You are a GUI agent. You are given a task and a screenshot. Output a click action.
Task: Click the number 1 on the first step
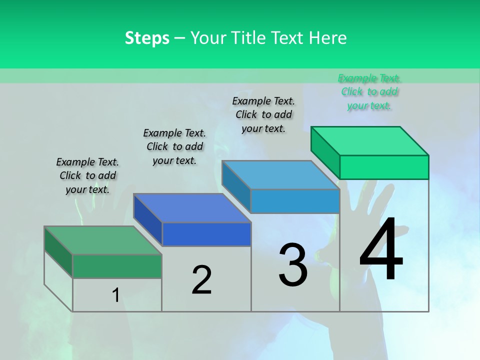115,295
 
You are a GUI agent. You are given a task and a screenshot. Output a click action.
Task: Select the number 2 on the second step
201,280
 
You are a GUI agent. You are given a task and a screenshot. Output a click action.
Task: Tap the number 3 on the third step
293,265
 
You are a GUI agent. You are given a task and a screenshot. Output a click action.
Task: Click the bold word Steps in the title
147,38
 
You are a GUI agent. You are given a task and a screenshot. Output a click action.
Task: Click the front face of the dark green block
117,266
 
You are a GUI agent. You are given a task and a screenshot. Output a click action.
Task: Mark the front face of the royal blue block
206,234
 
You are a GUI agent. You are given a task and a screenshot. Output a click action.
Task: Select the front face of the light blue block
295,201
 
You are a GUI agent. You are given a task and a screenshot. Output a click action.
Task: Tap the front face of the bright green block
384,167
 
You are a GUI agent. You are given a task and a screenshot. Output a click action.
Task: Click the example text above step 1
87,175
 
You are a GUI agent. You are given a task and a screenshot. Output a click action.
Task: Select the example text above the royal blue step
174,146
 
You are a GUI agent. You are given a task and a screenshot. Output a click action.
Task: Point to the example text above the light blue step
263,114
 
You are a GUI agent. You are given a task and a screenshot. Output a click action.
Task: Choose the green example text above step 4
369,91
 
